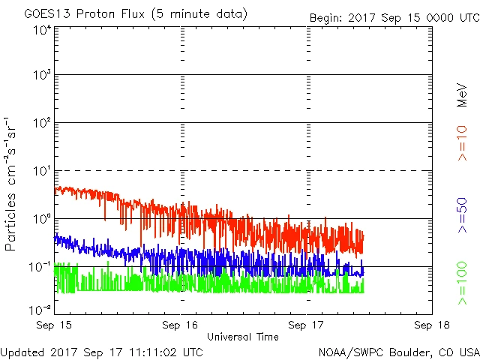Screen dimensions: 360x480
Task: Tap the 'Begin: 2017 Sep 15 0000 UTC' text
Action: pos(394,17)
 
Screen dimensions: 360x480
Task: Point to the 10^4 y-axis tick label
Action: pos(41,31)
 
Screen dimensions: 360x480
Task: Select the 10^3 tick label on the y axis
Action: pos(41,76)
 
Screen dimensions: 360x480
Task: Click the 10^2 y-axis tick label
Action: pos(41,124)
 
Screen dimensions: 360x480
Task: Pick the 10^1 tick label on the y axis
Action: pos(41,172)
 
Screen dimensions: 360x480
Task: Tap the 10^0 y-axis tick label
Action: pos(41,220)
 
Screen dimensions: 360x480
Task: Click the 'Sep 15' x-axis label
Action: pos(55,325)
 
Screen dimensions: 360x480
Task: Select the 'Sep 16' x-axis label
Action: pos(181,325)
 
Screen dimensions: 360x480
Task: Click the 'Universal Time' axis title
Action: pos(243,337)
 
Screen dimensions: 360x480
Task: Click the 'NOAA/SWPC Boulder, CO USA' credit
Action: pos(398,352)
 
